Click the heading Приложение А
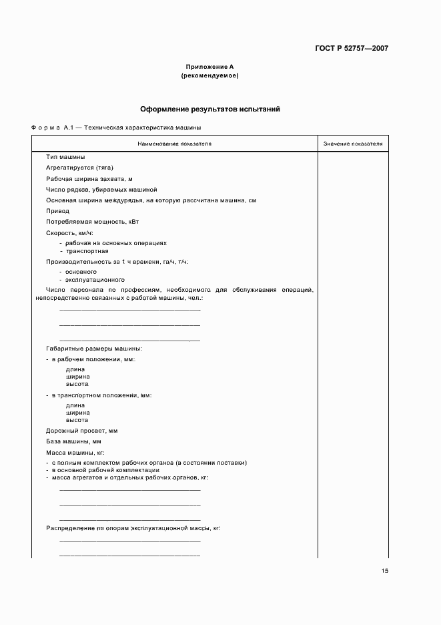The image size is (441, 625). click(209, 67)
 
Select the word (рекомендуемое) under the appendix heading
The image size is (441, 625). click(209, 75)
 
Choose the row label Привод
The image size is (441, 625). click(57, 210)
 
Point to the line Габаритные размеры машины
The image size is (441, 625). click(94, 349)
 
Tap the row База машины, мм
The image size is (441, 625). click(73, 441)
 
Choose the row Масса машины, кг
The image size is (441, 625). click(75, 453)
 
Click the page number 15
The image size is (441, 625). click(385, 571)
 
